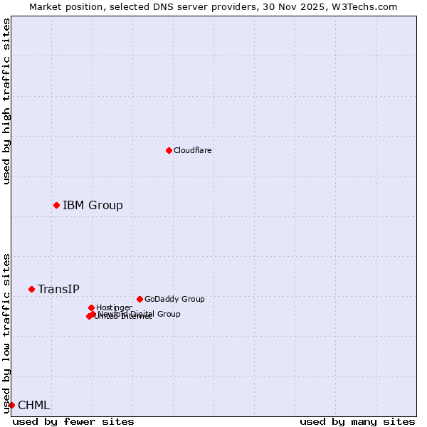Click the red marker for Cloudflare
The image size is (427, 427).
[x=169, y=150]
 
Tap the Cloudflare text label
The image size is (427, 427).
[x=192, y=150]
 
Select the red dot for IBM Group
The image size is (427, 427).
[x=56, y=205]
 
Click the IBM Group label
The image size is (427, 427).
[x=93, y=206]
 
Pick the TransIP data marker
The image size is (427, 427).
[x=31, y=289]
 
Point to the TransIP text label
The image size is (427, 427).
[x=58, y=289]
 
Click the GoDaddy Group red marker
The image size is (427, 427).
[x=139, y=299]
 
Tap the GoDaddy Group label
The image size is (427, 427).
[x=174, y=299]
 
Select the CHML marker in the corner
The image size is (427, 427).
[x=11, y=405]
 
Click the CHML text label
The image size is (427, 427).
[x=33, y=405]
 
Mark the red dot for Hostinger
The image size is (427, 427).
[x=91, y=307]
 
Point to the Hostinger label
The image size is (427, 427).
[x=114, y=307]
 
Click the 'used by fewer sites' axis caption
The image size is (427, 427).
[x=73, y=421]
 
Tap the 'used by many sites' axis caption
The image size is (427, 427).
[x=357, y=421]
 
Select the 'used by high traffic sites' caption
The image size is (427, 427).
[x=6, y=101]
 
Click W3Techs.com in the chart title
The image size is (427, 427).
[x=367, y=6]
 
